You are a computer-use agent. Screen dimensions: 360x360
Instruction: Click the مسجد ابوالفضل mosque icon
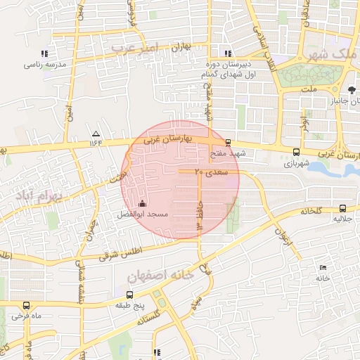pyautogui.click(x=143, y=204)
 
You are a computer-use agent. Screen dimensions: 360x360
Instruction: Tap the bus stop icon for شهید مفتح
pyautogui.click(x=227, y=143)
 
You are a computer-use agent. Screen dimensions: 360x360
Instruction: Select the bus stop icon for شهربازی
pyautogui.click(x=295, y=151)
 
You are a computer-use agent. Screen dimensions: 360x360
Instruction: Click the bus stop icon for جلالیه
pyautogui.click(x=342, y=208)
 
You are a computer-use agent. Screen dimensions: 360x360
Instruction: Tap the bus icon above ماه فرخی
pyautogui.click(x=27, y=305)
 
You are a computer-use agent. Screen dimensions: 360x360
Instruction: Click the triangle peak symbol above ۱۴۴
pyautogui.click(x=96, y=134)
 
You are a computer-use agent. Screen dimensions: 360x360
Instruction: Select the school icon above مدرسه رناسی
pyautogui.click(x=44, y=53)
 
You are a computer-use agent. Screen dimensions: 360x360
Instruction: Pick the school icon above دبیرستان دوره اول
pyautogui.click(x=226, y=53)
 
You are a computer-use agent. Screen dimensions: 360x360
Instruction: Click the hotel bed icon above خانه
pyautogui.click(x=323, y=268)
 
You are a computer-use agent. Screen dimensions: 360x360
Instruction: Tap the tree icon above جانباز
pyautogui.click(x=352, y=89)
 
